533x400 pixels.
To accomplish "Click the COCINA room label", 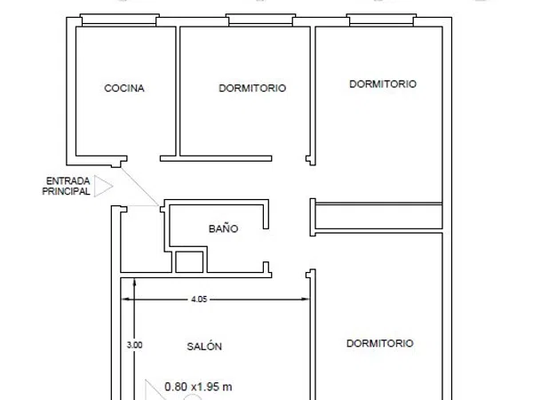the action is click(124, 88).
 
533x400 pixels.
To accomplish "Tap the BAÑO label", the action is click(223, 228).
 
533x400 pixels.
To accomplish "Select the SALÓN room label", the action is click(204, 346).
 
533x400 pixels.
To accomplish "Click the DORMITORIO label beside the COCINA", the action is click(252, 88).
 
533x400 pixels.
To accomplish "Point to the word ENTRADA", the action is click(68, 180).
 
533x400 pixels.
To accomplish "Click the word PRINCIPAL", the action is click(66, 191).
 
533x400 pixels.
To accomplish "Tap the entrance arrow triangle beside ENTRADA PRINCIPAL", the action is click(103, 186).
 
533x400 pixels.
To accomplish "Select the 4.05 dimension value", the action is click(199, 299).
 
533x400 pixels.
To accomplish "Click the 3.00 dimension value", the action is click(135, 345).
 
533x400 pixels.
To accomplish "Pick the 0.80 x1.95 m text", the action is click(198, 387).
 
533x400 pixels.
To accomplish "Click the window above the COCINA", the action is click(120, 20).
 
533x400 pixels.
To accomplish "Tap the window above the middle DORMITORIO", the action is click(260, 20).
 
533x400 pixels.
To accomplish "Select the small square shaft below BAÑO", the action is click(189, 262).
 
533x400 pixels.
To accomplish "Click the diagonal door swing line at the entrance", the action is click(140, 187).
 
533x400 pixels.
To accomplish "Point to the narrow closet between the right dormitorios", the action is click(378, 216).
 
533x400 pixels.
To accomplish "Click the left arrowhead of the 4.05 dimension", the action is click(125, 299).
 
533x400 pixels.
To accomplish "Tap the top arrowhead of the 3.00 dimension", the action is click(135, 282).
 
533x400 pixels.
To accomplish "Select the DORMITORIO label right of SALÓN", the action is click(379, 343).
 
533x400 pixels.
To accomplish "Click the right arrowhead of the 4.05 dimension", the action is click(306, 299).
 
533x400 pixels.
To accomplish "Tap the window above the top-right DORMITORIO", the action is click(381, 20).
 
